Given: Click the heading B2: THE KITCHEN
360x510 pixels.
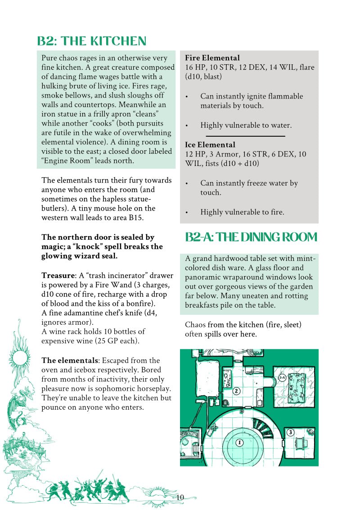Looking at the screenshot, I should pyautogui.click(x=92, y=41).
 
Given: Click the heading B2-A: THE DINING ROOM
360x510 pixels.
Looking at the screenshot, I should pyautogui.click(x=251, y=237).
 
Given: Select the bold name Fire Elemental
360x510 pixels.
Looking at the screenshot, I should pyautogui.click(x=212, y=58).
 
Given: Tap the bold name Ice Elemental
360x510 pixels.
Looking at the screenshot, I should pyautogui.click(x=210, y=145).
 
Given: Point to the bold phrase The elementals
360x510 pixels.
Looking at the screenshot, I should pyautogui.click(x=69, y=361).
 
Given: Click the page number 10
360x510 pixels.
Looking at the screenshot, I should pyautogui.click(x=180, y=497).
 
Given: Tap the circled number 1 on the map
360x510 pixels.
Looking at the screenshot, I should pyautogui.click(x=239, y=443).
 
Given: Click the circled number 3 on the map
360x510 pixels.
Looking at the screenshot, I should pyautogui.click(x=290, y=433).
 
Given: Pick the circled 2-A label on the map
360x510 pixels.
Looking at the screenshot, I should pyautogui.click(x=282, y=378).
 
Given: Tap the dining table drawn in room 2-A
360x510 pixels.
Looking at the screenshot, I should pyautogui.click(x=298, y=386).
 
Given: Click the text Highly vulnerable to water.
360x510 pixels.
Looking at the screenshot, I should pyautogui.click(x=246, y=125).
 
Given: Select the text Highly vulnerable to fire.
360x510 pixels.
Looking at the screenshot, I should pyautogui.click(x=242, y=212).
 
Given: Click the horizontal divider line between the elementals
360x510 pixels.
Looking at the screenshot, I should pyautogui.click(x=246, y=135).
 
